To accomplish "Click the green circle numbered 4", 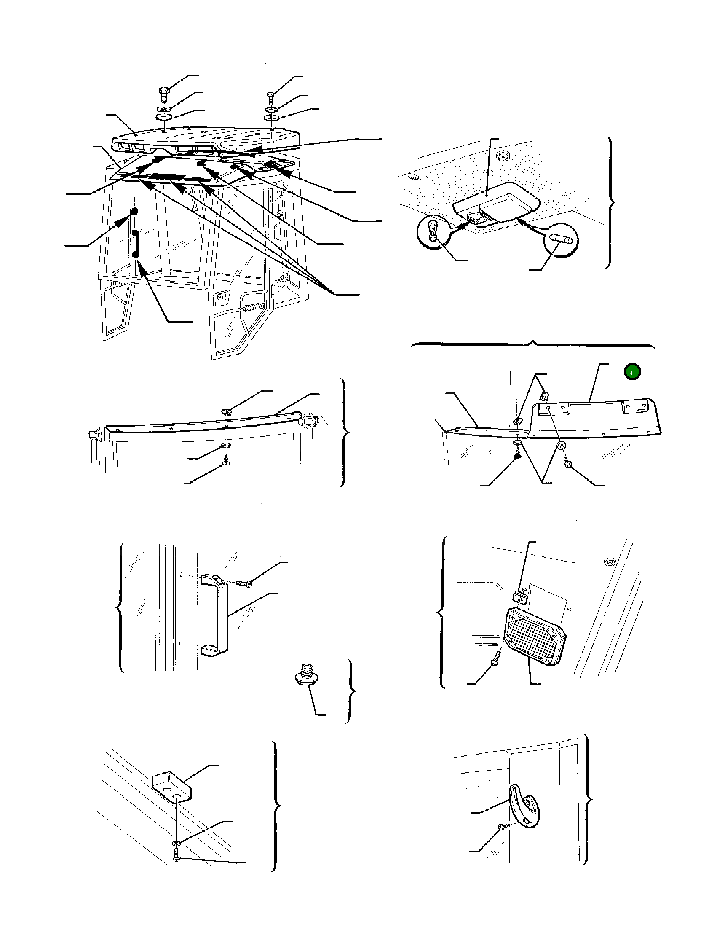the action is click(631, 372).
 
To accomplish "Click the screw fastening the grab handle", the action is click(244, 583).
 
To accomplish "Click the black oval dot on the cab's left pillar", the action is click(134, 212).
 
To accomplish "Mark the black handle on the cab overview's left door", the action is click(135, 244).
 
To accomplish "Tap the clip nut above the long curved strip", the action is click(227, 411).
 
